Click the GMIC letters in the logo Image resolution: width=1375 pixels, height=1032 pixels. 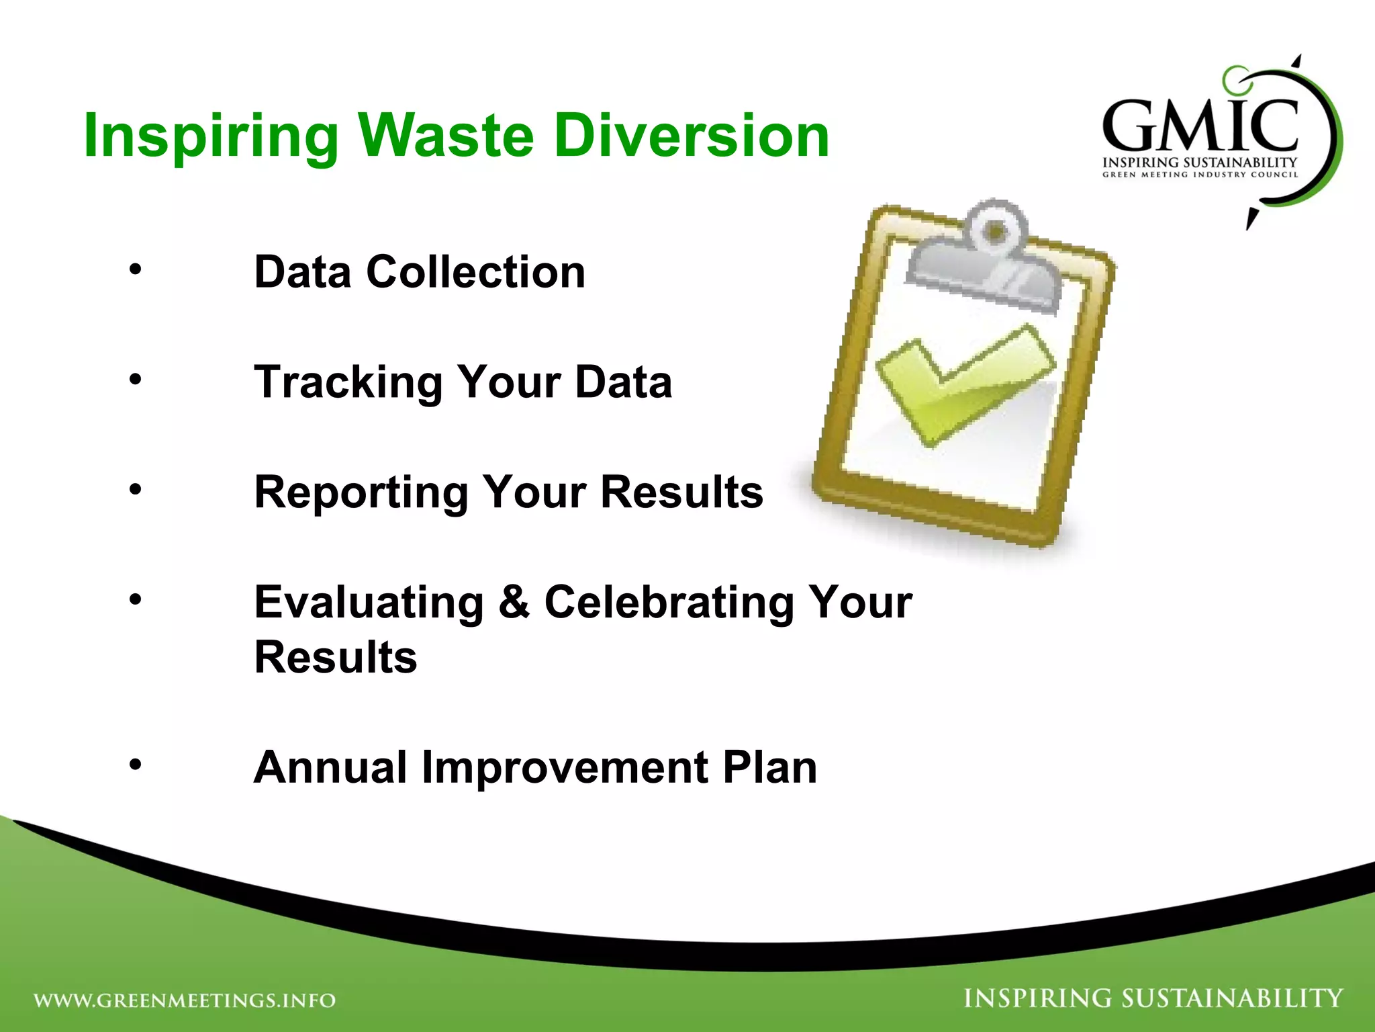coord(1200,126)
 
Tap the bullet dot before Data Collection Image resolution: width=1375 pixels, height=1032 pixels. coord(136,270)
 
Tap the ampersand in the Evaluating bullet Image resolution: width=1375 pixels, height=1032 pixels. coord(514,602)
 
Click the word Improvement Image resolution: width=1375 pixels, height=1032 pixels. coord(564,769)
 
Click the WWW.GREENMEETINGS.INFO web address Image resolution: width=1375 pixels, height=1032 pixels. coord(185,1000)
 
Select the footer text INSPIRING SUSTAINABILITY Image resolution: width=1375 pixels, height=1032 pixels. coord(1153,998)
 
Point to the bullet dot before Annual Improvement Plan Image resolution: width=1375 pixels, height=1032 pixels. coord(136,765)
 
